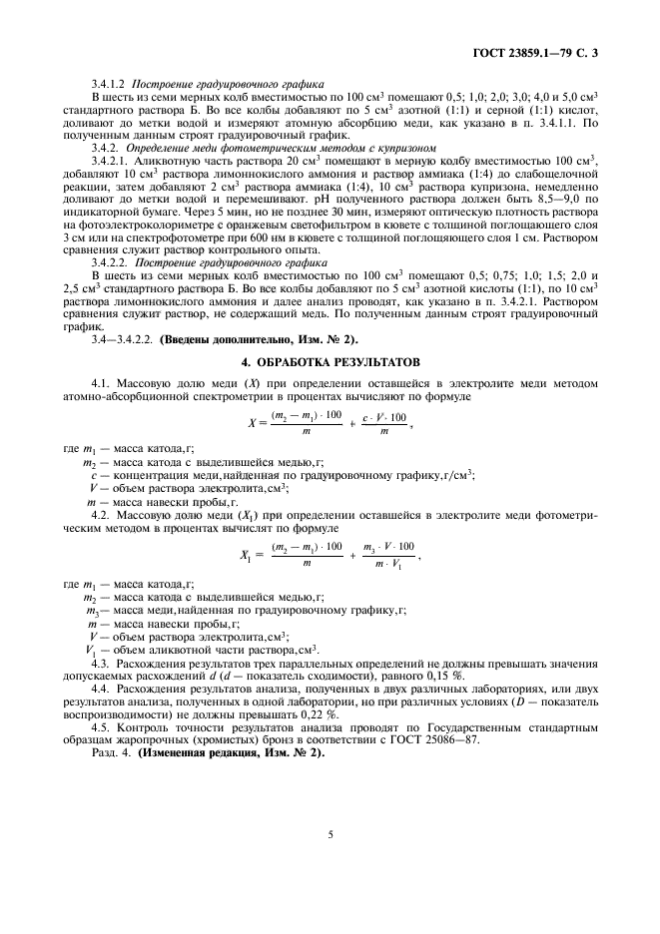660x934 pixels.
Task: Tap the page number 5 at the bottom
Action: [x=330, y=839]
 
